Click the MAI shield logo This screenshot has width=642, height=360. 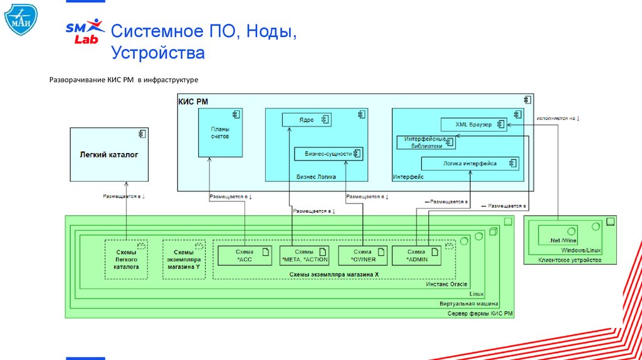click(19, 19)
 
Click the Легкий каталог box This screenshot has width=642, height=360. click(109, 154)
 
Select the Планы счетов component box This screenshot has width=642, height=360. click(221, 132)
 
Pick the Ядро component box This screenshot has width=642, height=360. click(307, 120)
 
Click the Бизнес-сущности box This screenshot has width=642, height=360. click(329, 153)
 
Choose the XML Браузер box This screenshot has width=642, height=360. click(473, 124)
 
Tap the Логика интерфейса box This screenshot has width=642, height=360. click(470, 164)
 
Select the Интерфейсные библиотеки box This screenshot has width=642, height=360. click(424, 142)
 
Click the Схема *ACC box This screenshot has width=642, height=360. click(244, 255)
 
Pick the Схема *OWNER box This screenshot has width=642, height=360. click(363, 255)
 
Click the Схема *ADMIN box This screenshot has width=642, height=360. click(416, 255)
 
